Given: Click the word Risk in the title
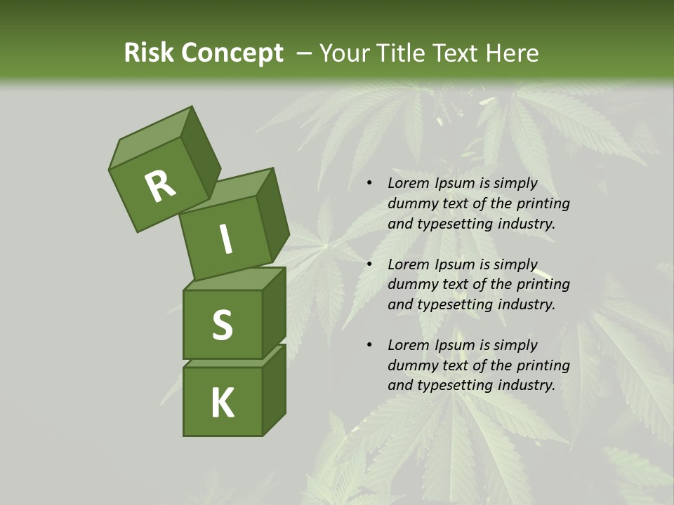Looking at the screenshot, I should pyautogui.click(x=148, y=53).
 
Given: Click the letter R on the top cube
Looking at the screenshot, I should pyautogui.click(x=160, y=187).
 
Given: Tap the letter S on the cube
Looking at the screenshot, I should pyautogui.click(x=222, y=325).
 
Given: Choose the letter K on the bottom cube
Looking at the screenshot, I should pyautogui.click(x=222, y=403).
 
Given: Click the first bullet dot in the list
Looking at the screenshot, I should pyautogui.click(x=369, y=184).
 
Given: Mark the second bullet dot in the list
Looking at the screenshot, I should pyautogui.click(x=369, y=264).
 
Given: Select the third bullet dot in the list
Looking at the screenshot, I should pyautogui.click(x=369, y=345).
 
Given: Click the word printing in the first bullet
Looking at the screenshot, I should pyautogui.click(x=543, y=203).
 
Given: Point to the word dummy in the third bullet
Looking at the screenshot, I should pyautogui.click(x=411, y=365).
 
